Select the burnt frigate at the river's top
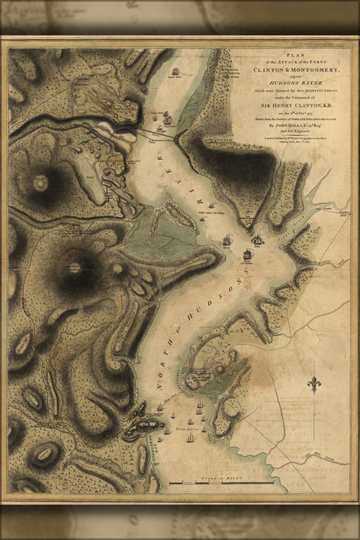(x=176, y=74)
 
